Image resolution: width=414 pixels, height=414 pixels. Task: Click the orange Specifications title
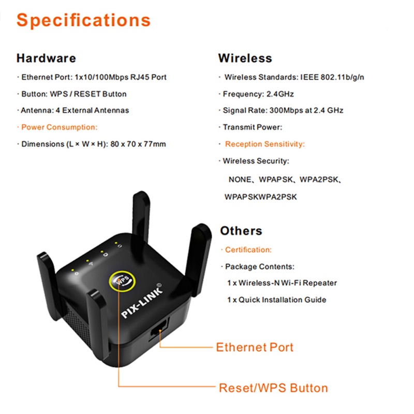[x=83, y=21]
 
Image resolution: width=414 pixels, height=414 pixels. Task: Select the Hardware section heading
[x=46, y=58]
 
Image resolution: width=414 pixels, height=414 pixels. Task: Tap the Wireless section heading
[x=245, y=58]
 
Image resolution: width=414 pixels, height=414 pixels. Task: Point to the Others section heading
[x=241, y=231]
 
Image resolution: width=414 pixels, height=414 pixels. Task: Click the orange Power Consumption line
[x=59, y=127]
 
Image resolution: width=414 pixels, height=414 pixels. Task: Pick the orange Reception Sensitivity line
[x=264, y=144]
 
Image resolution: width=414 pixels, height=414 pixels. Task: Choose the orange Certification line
[x=248, y=250]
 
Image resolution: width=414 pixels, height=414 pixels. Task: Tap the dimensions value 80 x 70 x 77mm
[x=137, y=144]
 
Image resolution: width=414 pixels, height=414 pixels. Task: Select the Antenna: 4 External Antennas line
[x=75, y=110]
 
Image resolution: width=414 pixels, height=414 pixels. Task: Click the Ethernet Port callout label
[x=255, y=347]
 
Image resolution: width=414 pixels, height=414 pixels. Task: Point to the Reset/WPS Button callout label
[x=273, y=388]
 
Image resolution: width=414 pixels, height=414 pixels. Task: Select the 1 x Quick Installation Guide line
[x=276, y=300]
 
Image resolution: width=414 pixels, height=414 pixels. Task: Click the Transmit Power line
[x=252, y=127]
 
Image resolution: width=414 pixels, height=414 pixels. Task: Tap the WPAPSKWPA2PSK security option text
[x=261, y=197]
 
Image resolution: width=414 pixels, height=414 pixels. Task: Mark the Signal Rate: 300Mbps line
[x=283, y=110]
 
